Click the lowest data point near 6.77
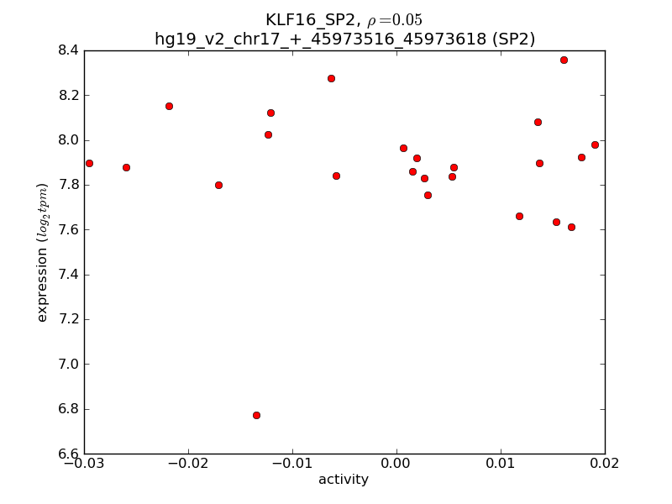(256, 415)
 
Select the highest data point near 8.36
(564, 60)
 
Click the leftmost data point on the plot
(89, 163)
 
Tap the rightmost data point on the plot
(595, 144)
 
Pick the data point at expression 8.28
(331, 78)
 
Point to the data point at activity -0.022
(169, 106)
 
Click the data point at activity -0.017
(218, 185)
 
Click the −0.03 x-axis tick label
(84, 463)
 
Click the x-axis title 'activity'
(344, 480)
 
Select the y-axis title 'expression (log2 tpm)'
(42, 252)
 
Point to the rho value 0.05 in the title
(395, 20)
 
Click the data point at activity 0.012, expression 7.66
(519, 216)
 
